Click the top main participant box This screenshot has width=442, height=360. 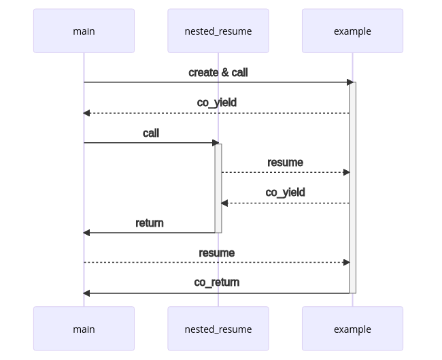[x=84, y=31]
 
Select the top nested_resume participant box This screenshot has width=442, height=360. [x=218, y=31]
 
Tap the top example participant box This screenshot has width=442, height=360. [x=352, y=31]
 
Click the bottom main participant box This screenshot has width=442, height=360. [x=84, y=329]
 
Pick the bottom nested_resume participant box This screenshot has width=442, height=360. [x=218, y=329]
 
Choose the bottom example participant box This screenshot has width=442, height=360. [x=352, y=329]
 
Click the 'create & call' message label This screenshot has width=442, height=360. [x=218, y=72]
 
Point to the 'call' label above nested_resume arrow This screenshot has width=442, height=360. [x=151, y=133]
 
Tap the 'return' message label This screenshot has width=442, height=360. [x=150, y=223]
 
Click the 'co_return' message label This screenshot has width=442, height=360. [x=217, y=282]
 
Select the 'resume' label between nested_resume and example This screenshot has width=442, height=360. [x=285, y=162]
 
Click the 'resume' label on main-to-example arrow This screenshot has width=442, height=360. [x=217, y=252]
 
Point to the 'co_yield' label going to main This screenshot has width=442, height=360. [x=217, y=102]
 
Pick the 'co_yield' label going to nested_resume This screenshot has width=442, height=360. [x=285, y=192]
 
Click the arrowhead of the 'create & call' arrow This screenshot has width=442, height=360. [x=351, y=82]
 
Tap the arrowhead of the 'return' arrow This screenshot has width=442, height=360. [x=87, y=233]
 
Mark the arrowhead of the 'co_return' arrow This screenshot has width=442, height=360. [x=87, y=293]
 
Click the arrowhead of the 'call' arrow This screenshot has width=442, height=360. [x=216, y=143]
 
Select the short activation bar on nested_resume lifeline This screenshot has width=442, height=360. [x=218, y=187]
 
